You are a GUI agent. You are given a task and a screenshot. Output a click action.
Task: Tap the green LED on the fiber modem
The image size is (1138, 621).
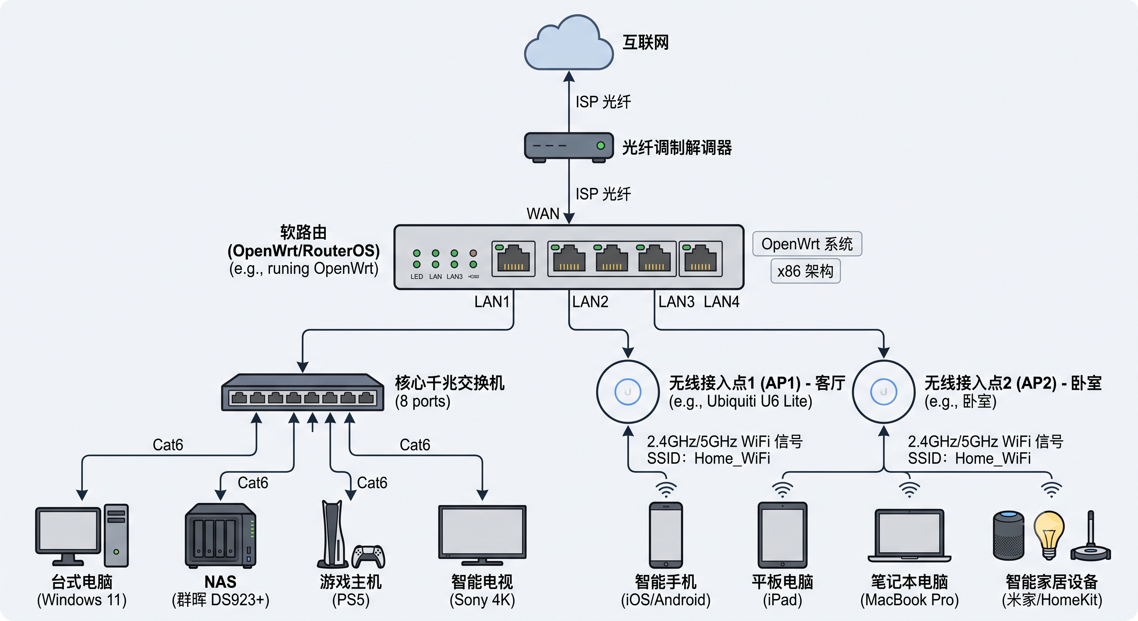coord(601,146)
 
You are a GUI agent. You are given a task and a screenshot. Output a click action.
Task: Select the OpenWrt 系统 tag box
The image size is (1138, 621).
coord(807,243)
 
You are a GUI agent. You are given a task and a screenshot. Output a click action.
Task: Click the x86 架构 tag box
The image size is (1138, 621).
coord(805,271)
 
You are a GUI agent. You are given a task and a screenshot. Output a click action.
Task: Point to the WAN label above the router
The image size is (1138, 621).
coord(543,214)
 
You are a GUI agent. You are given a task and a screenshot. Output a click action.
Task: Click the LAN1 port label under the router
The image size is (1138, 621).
coord(492,302)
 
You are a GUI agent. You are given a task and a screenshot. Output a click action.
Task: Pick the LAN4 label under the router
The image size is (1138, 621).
coord(721,302)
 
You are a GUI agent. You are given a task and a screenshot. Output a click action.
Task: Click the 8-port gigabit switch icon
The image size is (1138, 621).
coord(303,393)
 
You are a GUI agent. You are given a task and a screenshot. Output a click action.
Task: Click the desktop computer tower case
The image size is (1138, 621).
coord(116,535)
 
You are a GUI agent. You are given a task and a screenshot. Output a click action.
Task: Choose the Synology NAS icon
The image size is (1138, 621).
coord(220,535)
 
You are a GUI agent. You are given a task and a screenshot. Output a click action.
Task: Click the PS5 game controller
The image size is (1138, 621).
coord(369,556)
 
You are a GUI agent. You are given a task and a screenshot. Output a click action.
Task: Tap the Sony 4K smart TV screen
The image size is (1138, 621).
coord(482,532)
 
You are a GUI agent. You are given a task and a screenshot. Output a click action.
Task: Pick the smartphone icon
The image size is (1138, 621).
coord(666,535)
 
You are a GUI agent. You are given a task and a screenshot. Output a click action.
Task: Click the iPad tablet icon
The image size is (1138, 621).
coord(782,535)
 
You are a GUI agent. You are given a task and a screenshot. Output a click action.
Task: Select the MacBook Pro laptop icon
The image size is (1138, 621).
coord(909,535)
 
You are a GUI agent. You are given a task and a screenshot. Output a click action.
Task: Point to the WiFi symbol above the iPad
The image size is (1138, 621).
coord(782,489)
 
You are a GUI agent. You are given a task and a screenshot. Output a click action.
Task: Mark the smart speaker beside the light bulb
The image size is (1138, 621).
coord(1009,535)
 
